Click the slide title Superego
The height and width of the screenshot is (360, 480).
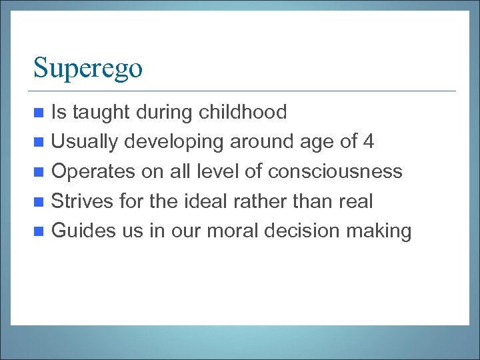(88, 68)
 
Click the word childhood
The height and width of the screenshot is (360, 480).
(243, 112)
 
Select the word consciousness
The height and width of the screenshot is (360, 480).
(335, 172)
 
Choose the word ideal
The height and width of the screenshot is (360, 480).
(219, 201)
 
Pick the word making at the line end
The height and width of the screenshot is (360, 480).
(382, 232)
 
